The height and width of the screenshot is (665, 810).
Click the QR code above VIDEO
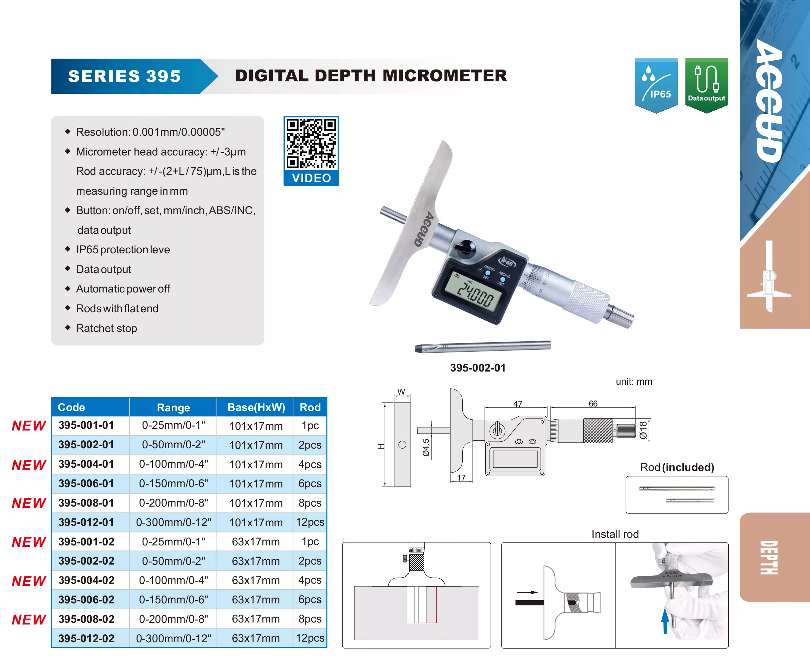pos(311,144)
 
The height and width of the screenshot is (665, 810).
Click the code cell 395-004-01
pos(86,464)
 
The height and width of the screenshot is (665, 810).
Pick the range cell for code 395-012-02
pos(174,639)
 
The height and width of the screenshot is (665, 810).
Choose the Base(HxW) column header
pos(256,407)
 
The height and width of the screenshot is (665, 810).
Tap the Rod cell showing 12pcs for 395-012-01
pos(310,522)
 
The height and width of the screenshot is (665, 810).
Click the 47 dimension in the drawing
pos(518,404)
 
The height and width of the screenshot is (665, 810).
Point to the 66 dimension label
pos(593,403)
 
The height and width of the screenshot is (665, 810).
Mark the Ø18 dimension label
pos(643,430)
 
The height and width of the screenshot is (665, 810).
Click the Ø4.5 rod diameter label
pos(426,447)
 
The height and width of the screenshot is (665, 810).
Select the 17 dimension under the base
pos(461,478)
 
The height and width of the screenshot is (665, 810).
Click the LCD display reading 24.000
pos(477,294)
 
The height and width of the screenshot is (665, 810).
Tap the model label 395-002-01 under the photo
pos(478,368)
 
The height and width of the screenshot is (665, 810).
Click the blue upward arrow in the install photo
pos(665,621)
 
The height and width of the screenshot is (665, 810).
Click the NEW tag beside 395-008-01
pos(29,503)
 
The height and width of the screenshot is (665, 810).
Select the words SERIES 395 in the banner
pos(125,76)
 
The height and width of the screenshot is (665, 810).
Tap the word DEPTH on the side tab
pos(768,558)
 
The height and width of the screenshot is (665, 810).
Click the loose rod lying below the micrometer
pos(483,347)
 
